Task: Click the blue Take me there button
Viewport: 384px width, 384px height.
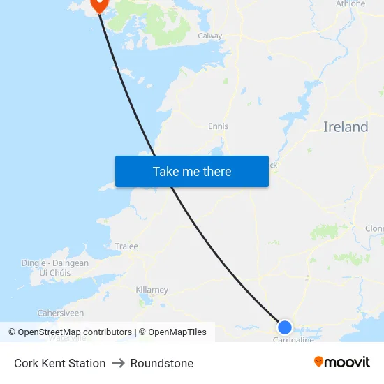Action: click(x=192, y=171)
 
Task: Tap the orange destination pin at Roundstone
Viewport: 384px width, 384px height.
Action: click(x=98, y=4)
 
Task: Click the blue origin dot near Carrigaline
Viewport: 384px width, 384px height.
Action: click(x=285, y=327)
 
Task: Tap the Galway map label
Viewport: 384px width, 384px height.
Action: click(x=209, y=36)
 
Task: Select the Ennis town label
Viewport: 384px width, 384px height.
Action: click(x=218, y=126)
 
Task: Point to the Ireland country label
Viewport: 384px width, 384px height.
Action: click(x=346, y=127)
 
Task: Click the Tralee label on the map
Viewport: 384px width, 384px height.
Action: click(x=126, y=246)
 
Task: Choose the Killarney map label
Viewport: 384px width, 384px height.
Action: click(x=152, y=290)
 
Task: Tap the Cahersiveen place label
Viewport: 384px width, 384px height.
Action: click(x=60, y=313)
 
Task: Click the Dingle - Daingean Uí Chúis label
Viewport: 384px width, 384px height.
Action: click(x=55, y=268)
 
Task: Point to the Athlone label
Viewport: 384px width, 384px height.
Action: click(x=350, y=4)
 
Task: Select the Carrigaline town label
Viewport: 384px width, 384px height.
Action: click(x=293, y=339)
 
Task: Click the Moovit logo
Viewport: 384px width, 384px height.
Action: click(x=342, y=362)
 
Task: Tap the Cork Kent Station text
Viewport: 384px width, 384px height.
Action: click(x=60, y=363)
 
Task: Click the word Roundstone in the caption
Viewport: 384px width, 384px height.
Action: click(x=162, y=363)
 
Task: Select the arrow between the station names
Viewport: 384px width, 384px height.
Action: click(x=118, y=363)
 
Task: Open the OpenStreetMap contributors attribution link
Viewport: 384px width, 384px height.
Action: click(x=73, y=332)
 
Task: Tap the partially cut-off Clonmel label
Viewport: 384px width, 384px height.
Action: click(x=375, y=228)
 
